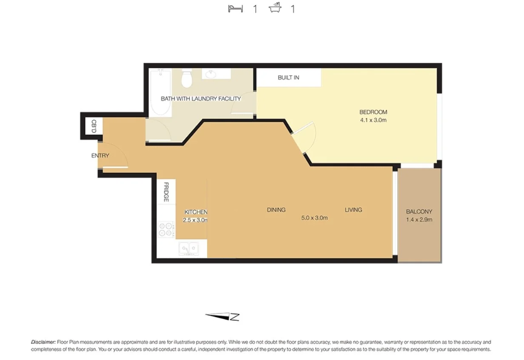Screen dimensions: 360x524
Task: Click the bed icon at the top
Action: coord(235,9)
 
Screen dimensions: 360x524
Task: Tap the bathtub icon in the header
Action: coord(276,9)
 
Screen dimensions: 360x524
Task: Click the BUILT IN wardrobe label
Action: coord(288,78)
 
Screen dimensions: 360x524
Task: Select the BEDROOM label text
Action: coord(373,112)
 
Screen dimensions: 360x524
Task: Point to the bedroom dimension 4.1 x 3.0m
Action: coord(373,120)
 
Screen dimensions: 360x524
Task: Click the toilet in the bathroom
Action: coord(186,78)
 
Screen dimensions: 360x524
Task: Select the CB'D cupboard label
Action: coord(94,126)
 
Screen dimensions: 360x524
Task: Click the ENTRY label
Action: coord(100,156)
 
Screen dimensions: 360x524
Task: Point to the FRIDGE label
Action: coord(166,192)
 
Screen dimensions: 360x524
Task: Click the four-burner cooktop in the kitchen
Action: coord(166,230)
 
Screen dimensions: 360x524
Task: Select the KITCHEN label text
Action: coord(195,212)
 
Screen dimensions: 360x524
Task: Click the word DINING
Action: coord(276,210)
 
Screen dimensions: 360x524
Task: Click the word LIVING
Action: coord(353,210)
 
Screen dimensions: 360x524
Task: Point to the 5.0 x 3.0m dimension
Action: coord(314,218)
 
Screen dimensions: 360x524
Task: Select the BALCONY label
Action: coord(419,212)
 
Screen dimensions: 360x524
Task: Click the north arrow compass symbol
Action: coord(222,316)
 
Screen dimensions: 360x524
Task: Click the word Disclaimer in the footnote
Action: coord(43,342)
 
